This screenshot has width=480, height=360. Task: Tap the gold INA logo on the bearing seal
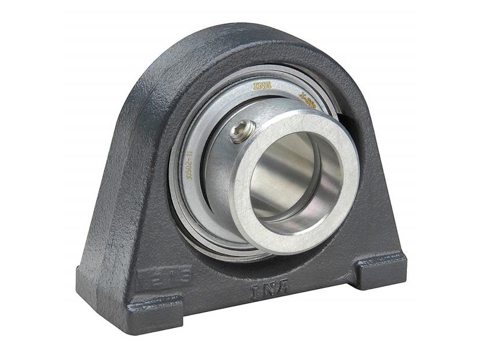(262, 85)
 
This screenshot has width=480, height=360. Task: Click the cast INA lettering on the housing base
(269, 289)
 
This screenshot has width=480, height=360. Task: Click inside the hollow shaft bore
(288, 180)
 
